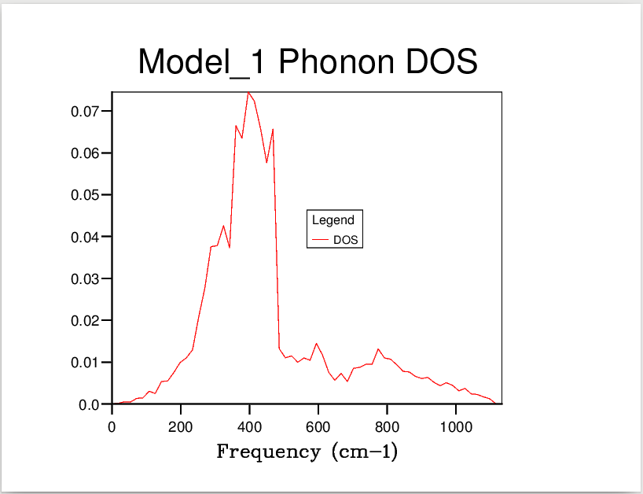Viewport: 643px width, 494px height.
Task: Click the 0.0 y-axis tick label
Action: point(91,405)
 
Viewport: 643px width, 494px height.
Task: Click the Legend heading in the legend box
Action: point(333,220)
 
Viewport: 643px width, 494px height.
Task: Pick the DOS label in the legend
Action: point(347,241)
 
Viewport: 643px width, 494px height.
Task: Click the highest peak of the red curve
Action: point(248,93)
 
